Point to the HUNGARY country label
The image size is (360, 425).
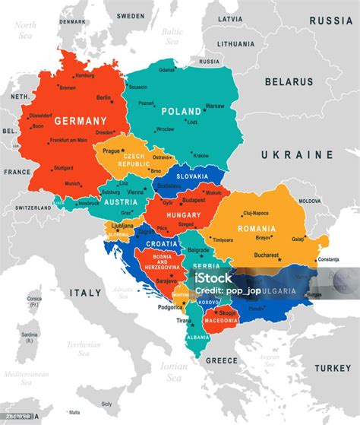click(x=183, y=215)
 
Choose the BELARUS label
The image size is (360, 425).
click(x=289, y=81)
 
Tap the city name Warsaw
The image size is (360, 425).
click(x=215, y=106)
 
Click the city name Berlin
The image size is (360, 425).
click(x=104, y=97)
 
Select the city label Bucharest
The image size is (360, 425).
click(x=268, y=255)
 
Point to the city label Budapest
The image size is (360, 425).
click(x=194, y=200)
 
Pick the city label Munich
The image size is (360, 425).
click(x=73, y=183)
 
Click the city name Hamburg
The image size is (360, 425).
click(x=84, y=75)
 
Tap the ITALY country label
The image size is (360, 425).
click(x=86, y=292)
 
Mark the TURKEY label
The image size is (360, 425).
click(x=333, y=368)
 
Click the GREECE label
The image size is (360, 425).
click(x=223, y=360)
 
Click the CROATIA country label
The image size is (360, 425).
click(x=161, y=243)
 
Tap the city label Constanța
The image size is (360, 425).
click(x=328, y=260)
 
